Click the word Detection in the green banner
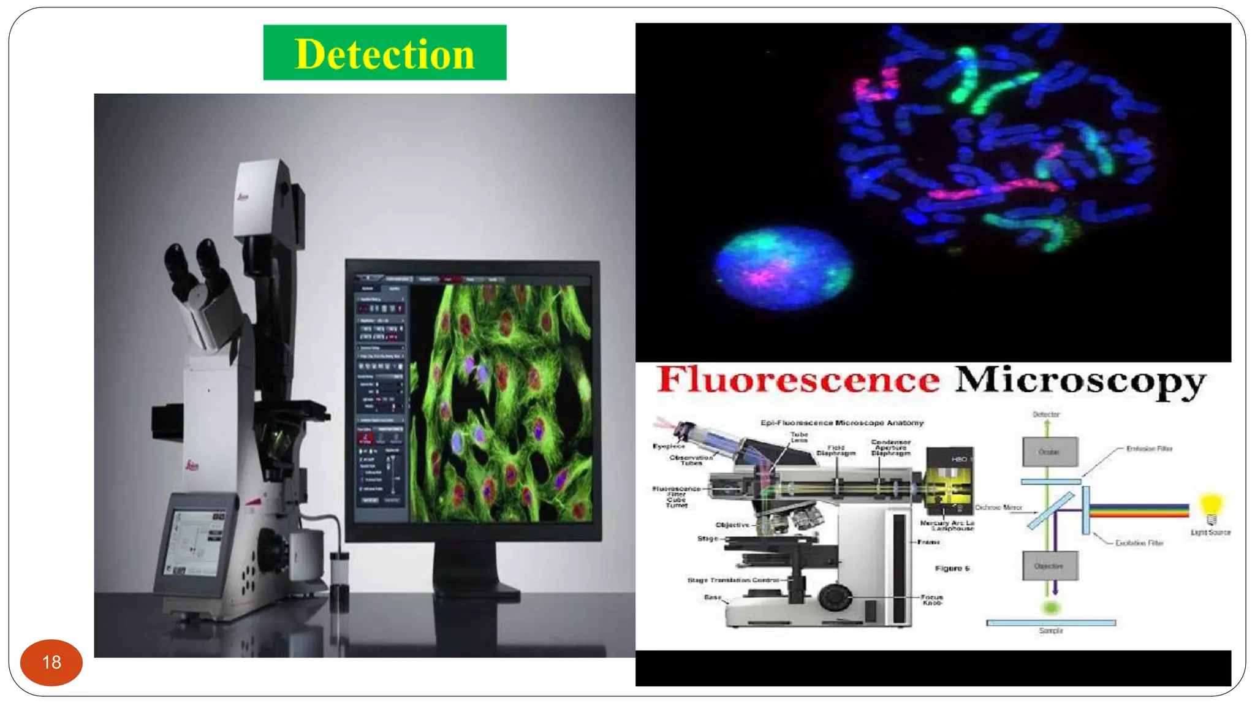click(385, 54)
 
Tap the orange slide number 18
click(51, 662)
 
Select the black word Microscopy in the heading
click(1080, 382)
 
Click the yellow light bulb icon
click(1211, 506)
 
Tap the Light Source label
click(1210, 533)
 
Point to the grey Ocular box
click(1050, 452)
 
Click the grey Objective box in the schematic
click(1049, 566)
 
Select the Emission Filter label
click(1149, 449)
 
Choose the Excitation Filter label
click(1139, 543)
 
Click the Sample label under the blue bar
click(1051, 631)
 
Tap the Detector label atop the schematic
click(1046, 414)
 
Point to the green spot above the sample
click(1051, 608)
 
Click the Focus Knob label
click(931, 599)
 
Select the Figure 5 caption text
click(952, 568)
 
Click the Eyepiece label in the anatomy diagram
click(669, 446)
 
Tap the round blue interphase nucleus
click(783, 267)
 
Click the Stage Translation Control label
click(733, 580)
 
